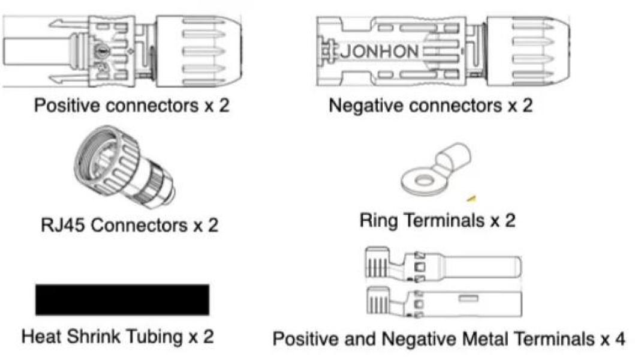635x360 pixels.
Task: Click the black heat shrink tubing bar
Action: click(x=122, y=299)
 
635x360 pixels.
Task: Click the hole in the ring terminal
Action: click(x=421, y=180)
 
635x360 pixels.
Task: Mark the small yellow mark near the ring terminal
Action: click(x=472, y=197)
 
